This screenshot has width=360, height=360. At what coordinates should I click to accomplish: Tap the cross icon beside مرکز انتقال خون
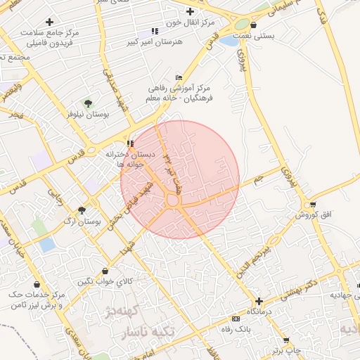click(x=190, y=11)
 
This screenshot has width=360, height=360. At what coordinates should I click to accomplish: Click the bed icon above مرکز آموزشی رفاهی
click(x=178, y=77)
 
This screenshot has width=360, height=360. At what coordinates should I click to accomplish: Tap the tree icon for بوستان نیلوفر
click(x=87, y=103)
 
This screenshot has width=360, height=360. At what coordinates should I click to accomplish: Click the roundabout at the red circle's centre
click(x=173, y=200)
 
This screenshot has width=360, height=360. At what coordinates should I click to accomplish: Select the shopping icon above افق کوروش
click(x=312, y=205)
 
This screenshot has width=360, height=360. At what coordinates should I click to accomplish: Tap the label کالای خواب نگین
click(x=105, y=282)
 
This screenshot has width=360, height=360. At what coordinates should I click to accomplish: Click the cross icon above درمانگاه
click(x=259, y=301)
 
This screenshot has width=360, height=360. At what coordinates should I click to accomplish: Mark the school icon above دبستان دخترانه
click(x=129, y=143)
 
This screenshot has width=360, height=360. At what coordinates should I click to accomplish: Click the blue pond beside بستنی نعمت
click(x=229, y=41)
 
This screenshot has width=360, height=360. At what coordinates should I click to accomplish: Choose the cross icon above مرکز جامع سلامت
click(x=49, y=22)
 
